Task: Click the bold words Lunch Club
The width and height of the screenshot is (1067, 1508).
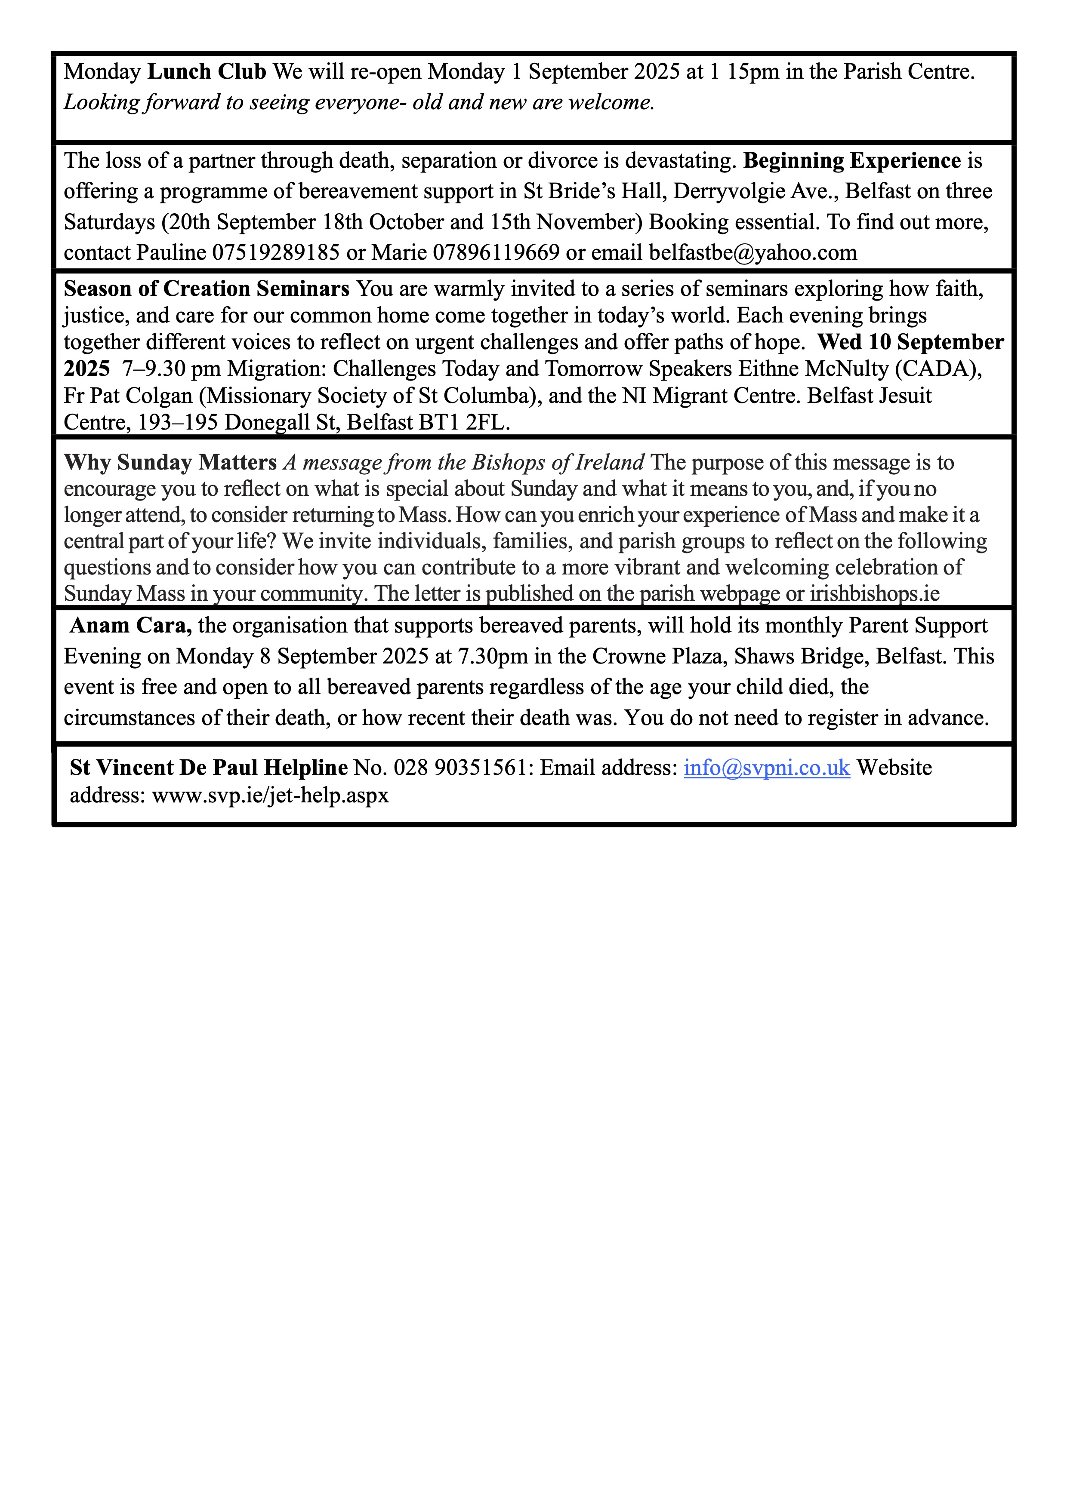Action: (207, 71)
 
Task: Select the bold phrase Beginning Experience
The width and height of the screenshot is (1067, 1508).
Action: (852, 161)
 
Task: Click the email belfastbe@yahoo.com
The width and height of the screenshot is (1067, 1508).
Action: (753, 253)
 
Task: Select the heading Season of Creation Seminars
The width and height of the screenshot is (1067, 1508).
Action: (207, 289)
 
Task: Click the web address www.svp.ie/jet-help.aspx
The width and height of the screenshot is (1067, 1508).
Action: (271, 796)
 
